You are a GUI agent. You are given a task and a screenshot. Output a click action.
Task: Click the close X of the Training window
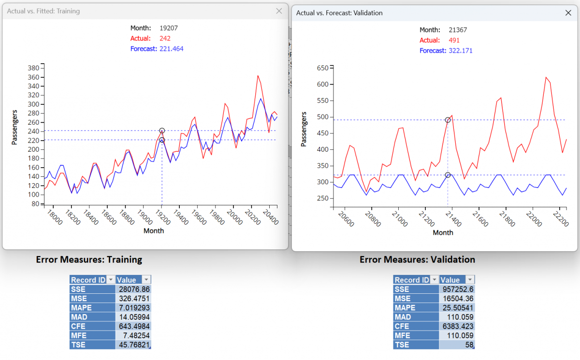(279, 11)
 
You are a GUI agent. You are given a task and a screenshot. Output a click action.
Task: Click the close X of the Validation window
(568, 13)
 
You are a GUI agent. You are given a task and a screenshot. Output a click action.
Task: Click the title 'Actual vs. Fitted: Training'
(43, 11)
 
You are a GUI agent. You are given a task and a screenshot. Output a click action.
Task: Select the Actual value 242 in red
(164, 38)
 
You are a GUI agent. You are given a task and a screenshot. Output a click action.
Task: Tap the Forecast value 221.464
(171, 49)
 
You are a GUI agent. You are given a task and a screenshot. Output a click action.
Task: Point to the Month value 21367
(457, 30)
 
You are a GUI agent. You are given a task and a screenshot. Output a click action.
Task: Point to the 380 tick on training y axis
(33, 68)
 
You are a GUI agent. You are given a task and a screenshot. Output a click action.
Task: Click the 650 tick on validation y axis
(322, 68)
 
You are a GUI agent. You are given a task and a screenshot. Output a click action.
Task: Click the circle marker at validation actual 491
(448, 120)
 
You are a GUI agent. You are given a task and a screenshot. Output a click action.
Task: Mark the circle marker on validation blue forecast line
(448, 175)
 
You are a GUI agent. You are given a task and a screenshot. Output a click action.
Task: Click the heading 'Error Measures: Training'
(89, 259)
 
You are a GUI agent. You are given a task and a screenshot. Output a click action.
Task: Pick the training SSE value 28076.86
(133, 289)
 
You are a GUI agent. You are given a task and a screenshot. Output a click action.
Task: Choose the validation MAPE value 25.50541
(457, 308)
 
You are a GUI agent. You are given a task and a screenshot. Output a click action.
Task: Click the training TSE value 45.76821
(133, 345)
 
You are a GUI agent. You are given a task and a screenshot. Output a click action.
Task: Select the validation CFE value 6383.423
(457, 326)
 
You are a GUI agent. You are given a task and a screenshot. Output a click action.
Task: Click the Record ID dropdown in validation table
(434, 280)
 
